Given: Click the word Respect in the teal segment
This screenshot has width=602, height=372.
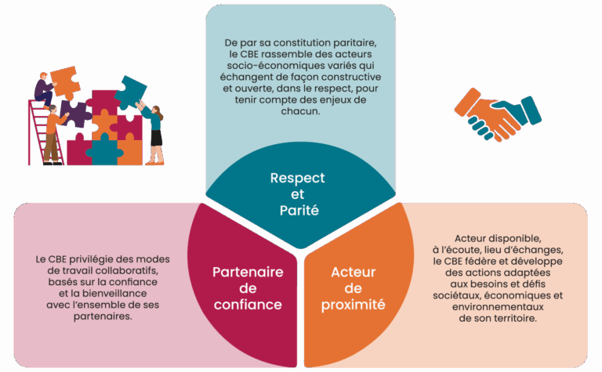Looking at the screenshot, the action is pos(298,179).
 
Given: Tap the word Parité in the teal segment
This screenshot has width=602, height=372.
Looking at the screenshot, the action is pos(299,211).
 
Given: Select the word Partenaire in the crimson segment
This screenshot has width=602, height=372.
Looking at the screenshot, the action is pos(248,273).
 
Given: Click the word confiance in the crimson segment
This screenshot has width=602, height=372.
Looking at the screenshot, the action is pos(248,305).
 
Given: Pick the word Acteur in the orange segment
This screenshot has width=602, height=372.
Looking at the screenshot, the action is pos(354,273).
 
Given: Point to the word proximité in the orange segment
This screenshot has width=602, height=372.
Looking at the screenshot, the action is pos(354,305).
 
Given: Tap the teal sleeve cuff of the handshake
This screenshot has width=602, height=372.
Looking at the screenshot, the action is pos(531,110).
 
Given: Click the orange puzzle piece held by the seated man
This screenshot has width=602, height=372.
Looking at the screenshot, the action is pos(65,82).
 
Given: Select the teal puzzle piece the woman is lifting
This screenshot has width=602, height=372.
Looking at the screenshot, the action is pos(131,93).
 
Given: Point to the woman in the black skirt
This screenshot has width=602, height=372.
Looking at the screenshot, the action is pos(153,133).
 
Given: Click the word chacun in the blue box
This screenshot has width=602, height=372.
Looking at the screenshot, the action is pos(300,111).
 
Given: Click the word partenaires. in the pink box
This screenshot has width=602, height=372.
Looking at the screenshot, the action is pos(103,316).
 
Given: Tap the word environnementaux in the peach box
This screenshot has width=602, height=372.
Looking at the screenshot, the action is pos(498,307).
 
